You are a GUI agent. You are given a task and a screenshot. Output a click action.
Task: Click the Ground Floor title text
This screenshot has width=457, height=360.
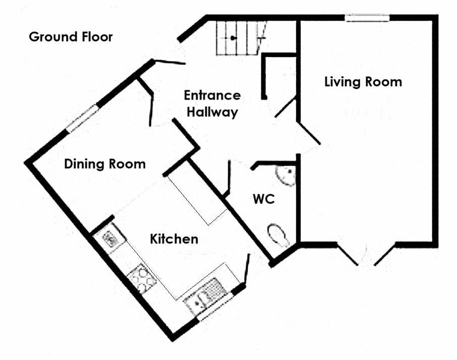point(71,37)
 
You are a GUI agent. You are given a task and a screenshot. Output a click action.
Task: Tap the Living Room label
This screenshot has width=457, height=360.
point(363,82)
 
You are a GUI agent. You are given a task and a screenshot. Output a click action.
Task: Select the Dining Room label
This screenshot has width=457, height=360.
point(105,164)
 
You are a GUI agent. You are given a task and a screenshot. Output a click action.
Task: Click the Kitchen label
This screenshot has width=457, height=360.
point(174,238)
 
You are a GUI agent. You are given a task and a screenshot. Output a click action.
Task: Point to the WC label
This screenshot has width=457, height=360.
point(263,200)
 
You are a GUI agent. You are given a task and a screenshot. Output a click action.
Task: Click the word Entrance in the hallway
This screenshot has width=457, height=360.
point(212,95)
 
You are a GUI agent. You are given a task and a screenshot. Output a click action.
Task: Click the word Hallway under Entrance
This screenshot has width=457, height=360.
point(212,112)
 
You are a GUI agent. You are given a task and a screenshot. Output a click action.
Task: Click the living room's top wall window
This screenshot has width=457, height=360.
point(367,18)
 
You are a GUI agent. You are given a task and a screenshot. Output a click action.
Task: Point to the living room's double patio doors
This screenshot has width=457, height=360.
point(367,255)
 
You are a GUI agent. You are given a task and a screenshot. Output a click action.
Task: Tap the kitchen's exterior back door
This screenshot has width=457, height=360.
point(247,269)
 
